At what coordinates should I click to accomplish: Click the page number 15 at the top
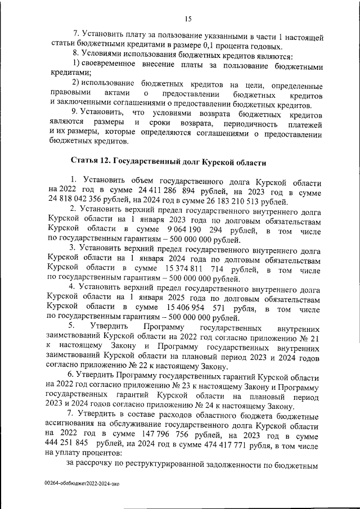coord(188,19)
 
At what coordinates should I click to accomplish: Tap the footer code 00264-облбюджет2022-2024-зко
coord(84,483)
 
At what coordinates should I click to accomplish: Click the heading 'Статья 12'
coord(90,162)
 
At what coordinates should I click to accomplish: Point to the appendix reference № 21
coord(313,338)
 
